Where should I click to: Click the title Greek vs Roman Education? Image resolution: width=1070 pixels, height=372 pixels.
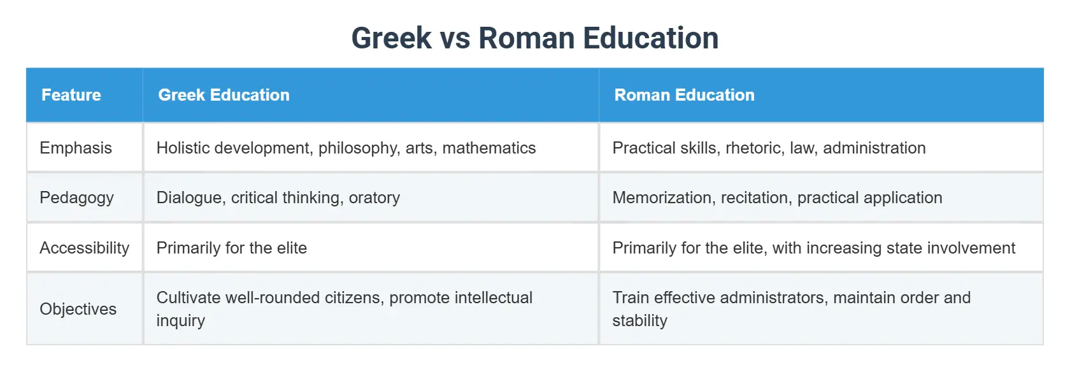(534, 38)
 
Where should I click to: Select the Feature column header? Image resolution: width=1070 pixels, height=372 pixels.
(71, 95)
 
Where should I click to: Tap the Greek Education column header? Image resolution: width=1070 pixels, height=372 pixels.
(224, 95)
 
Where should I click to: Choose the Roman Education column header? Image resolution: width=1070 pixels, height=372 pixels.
(684, 95)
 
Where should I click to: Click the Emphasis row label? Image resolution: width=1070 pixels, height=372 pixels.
(76, 148)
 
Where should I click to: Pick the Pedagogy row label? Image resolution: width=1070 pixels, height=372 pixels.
(76, 197)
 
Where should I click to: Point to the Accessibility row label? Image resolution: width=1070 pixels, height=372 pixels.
(84, 248)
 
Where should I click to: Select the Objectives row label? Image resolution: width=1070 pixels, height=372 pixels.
(78, 309)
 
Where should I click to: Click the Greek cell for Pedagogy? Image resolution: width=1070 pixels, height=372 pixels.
(278, 197)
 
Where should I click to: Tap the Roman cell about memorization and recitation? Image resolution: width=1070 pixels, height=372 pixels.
(777, 197)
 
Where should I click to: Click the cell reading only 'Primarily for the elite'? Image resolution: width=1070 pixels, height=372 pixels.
(232, 248)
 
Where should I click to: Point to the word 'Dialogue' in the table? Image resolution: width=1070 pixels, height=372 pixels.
(189, 197)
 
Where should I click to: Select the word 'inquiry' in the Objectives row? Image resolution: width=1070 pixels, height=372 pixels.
(180, 320)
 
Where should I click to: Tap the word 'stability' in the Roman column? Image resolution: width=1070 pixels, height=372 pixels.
(639, 320)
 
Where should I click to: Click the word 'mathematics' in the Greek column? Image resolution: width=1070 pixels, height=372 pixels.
(489, 148)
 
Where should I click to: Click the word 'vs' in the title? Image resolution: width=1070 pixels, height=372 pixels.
(455, 38)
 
